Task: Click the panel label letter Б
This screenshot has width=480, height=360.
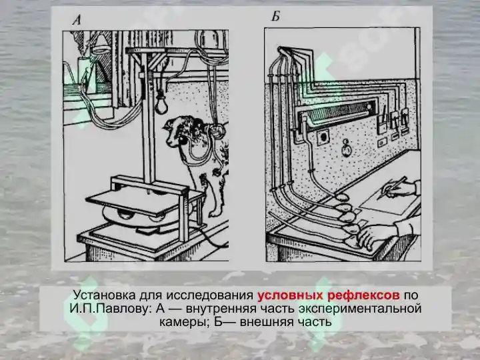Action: (276, 16)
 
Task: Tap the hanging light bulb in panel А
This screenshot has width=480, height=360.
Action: (160, 104)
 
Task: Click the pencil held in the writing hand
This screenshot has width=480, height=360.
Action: (393, 187)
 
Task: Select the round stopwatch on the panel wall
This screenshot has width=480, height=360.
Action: (346, 148)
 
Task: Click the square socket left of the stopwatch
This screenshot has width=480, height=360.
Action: (323, 137)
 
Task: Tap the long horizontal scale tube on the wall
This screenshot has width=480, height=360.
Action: (337, 113)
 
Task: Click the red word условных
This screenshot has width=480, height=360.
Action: (289, 295)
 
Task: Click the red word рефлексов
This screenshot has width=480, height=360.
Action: (363, 296)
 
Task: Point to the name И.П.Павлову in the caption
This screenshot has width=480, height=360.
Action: (109, 309)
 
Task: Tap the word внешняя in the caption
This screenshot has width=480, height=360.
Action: (266, 322)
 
